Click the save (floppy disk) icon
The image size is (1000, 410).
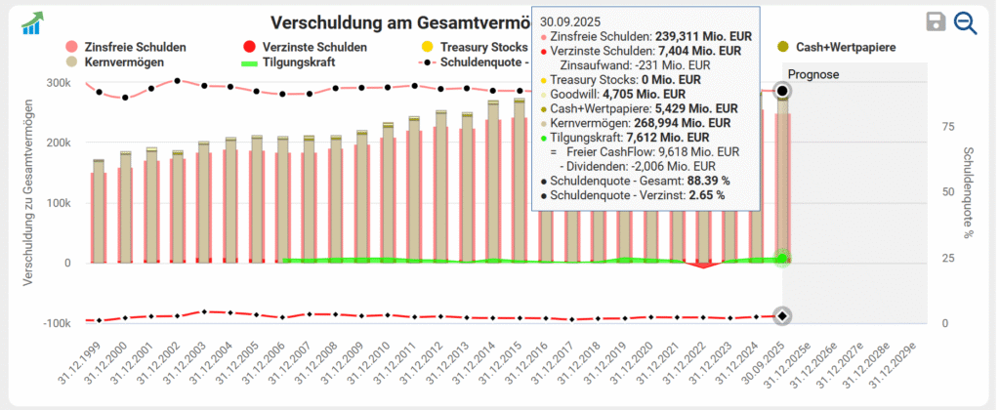coord(936,22)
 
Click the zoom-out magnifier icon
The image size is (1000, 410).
coord(966,22)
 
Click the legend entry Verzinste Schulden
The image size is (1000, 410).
coord(305,47)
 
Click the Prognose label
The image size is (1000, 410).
coord(813,74)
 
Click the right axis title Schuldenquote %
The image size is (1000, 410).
coord(968,195)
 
